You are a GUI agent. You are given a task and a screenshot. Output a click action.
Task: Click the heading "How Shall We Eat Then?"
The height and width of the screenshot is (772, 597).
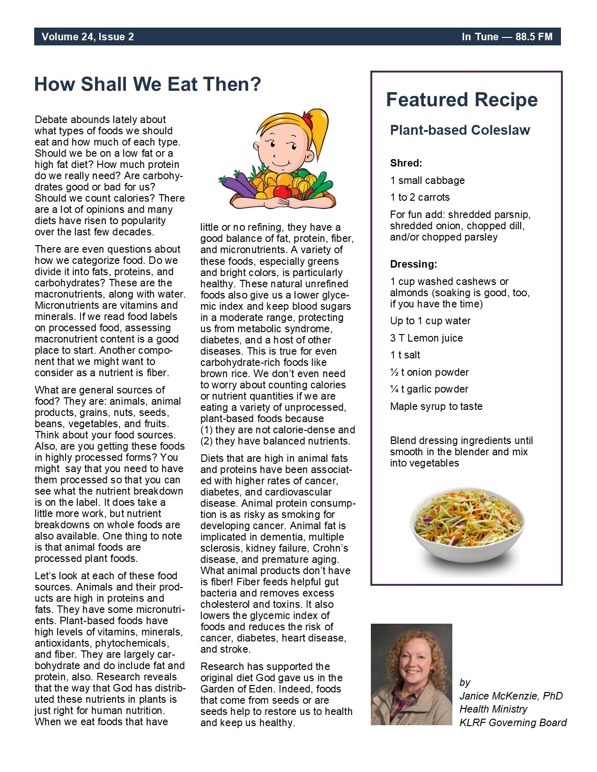point(147,85)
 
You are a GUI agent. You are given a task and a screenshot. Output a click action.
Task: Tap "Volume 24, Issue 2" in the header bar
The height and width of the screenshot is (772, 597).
point(88,37)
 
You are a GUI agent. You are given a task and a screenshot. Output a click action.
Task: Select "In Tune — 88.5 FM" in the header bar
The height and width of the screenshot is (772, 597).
point(507,37)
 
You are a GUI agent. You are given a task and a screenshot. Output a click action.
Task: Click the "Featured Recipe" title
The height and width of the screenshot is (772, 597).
point(462,100)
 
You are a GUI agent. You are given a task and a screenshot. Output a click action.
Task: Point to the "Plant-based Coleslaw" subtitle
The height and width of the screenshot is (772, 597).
point(460,130)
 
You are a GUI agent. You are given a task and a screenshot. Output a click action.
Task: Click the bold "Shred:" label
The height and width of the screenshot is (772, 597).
point(406,163)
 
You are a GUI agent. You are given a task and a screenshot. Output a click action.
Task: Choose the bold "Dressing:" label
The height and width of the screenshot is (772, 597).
point(413,264)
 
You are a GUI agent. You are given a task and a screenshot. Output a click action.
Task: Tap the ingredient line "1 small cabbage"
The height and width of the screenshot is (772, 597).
point(427,181)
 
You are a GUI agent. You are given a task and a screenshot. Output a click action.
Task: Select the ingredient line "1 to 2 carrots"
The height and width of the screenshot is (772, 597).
point(420,197)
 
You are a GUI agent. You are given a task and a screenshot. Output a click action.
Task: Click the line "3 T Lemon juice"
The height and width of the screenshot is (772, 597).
point(426,338)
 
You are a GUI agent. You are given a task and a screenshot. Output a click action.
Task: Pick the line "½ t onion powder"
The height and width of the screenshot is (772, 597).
point(429,372)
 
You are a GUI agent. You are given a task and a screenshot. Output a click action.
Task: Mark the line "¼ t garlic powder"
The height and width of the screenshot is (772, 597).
point(429,389)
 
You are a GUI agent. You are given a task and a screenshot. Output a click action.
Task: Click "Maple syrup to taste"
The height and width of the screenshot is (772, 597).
point(436,407)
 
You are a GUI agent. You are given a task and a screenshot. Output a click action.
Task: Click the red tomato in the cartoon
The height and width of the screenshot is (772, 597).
point(282,191)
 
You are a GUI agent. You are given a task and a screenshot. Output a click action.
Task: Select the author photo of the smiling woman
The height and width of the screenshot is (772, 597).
point(411,674)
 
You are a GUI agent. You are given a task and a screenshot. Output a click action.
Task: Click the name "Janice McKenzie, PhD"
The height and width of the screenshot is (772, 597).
point(511,696)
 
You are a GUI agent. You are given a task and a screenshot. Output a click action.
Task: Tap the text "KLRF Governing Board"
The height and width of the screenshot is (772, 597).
point(513,723)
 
